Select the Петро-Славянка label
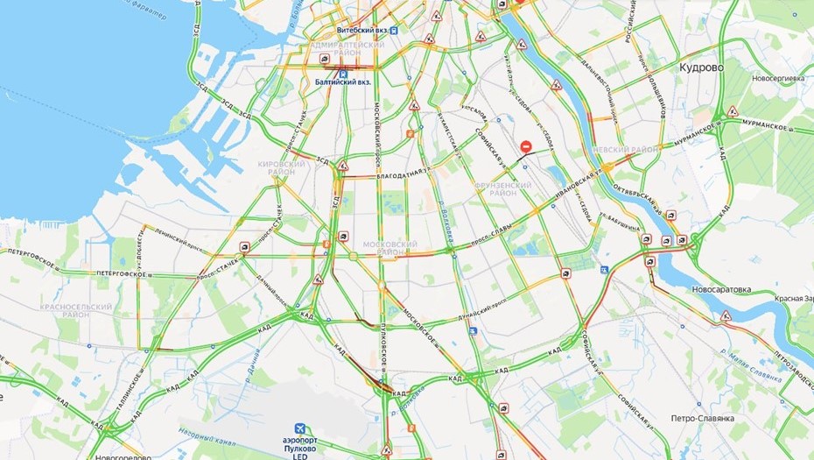point(702,419)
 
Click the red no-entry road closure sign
point(525,145)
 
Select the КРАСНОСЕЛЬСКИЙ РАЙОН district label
point(76,312)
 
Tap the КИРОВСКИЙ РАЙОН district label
point(282,167)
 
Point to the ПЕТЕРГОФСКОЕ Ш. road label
point(39,253)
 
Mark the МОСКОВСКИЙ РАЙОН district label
point(389,247)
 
